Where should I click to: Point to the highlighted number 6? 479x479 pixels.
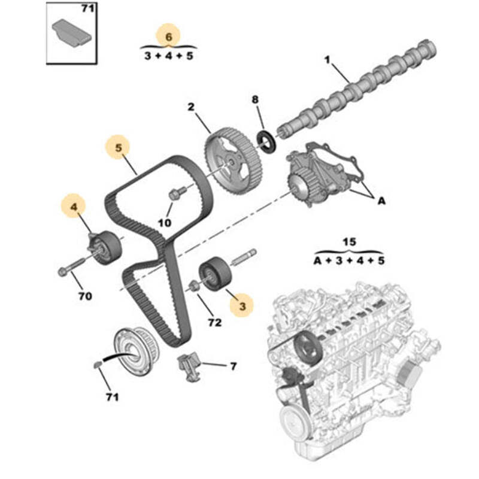click(x=168, y=37)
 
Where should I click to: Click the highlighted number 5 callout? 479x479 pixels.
click(x=119, y=146)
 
